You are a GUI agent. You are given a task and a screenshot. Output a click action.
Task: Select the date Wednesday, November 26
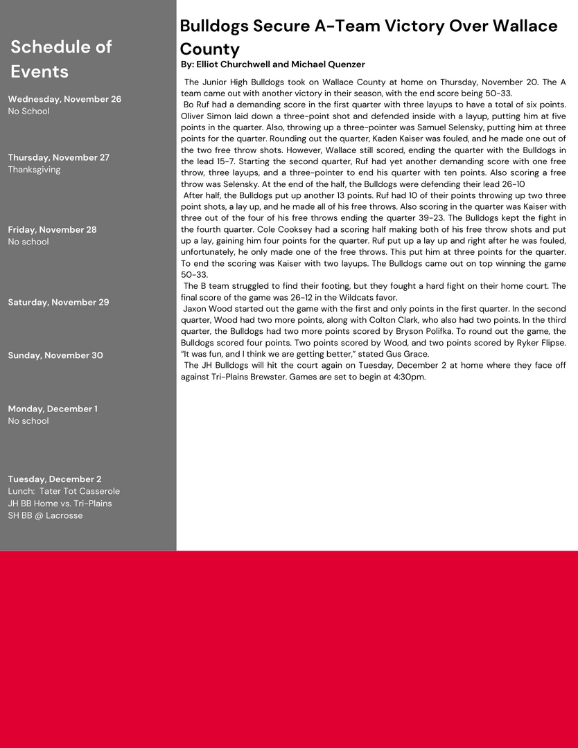coord(64,99)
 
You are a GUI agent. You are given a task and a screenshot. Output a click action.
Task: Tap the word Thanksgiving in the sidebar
coord(34,170)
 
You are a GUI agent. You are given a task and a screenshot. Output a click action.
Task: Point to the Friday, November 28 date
coord(52,229)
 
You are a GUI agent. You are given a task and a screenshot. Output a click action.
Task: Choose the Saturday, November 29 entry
coord(58,302)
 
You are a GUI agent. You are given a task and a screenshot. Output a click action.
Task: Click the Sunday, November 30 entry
coord(55,355)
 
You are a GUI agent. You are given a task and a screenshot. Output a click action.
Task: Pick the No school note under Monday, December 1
coord(28,421)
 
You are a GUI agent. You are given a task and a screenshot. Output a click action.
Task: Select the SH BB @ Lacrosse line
coord(45,515)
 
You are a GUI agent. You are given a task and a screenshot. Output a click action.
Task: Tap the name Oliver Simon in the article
coord(205,116)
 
